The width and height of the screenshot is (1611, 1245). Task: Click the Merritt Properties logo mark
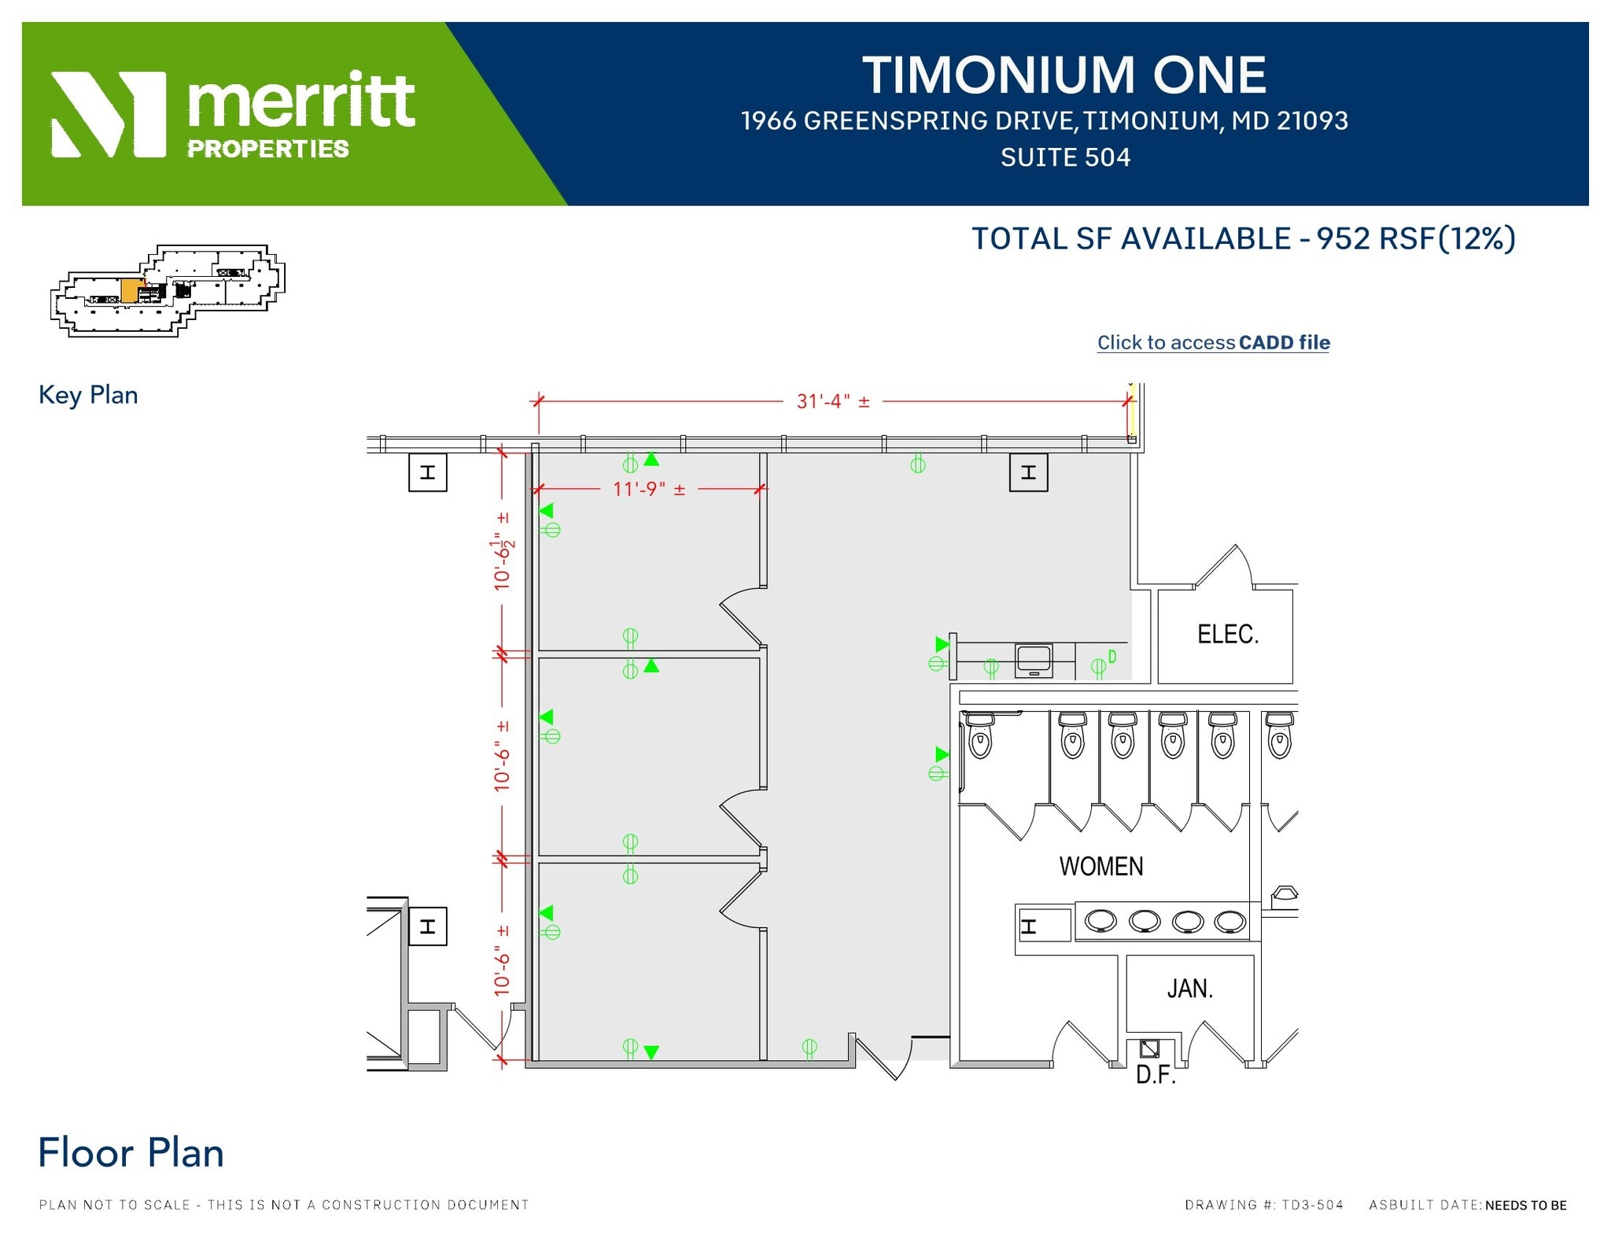(109, 115)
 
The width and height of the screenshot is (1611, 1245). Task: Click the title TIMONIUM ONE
(1064, 76)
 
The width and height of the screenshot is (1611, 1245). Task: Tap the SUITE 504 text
(1065, 158)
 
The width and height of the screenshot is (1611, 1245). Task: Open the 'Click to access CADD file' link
(1213, 343)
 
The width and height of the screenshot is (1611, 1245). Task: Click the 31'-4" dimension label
(833, 402)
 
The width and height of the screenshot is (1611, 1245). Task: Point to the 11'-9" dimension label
(649, 489)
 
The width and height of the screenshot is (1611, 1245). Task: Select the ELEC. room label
(1227, 635)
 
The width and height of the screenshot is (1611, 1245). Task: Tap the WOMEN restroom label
(1100, 867)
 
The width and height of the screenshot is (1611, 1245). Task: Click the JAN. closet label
(1189, 989)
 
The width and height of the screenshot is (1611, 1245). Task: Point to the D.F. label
(1155, 1075)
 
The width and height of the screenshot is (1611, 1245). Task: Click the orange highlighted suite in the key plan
(132, 289)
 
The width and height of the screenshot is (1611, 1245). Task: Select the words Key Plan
(88, 395)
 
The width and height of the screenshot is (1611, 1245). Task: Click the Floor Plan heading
(131, 1153)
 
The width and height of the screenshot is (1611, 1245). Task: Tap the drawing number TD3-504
(1312, 1205)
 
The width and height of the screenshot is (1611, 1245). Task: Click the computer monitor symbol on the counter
(1034, 659)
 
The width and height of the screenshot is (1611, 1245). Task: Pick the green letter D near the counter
(1112, 656)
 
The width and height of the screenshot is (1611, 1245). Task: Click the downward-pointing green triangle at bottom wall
(651, 1052)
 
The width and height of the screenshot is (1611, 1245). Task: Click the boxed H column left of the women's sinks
(1029, 926)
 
